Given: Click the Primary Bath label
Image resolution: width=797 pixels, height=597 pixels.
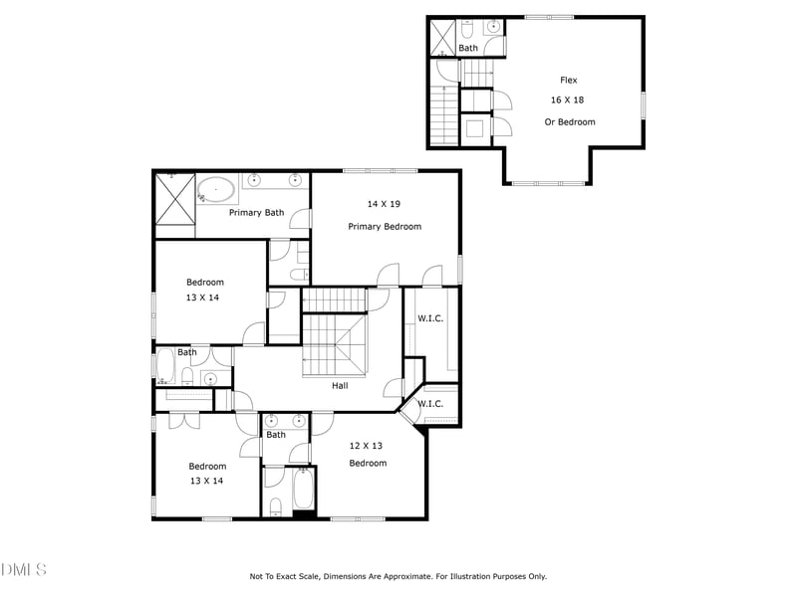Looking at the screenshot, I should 256,212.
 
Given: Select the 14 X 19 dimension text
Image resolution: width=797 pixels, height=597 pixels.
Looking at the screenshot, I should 384,204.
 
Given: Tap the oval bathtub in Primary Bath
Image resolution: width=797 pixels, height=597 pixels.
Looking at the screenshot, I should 216,189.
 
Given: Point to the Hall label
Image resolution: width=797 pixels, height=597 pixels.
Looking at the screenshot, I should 340,385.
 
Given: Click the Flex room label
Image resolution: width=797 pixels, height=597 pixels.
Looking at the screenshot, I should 568,81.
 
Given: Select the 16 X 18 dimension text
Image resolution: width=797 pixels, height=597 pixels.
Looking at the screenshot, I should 569,100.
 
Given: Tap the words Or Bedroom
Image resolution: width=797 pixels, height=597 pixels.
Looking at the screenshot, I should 569,122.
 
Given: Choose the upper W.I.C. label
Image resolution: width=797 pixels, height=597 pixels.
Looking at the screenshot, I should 430,319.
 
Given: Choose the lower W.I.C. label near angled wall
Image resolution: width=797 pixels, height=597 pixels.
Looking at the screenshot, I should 430,404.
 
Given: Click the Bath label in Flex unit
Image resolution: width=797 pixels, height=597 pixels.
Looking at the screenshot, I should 468,48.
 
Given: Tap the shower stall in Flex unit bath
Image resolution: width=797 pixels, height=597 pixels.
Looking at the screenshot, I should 441,38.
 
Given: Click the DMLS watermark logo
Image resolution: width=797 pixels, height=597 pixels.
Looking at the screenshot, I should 24,569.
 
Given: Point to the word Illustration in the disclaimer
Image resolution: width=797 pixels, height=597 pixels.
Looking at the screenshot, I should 467,576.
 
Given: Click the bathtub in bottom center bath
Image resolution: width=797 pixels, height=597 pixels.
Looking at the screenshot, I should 303,489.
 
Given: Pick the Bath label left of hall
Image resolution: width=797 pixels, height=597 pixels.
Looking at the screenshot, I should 187,352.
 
